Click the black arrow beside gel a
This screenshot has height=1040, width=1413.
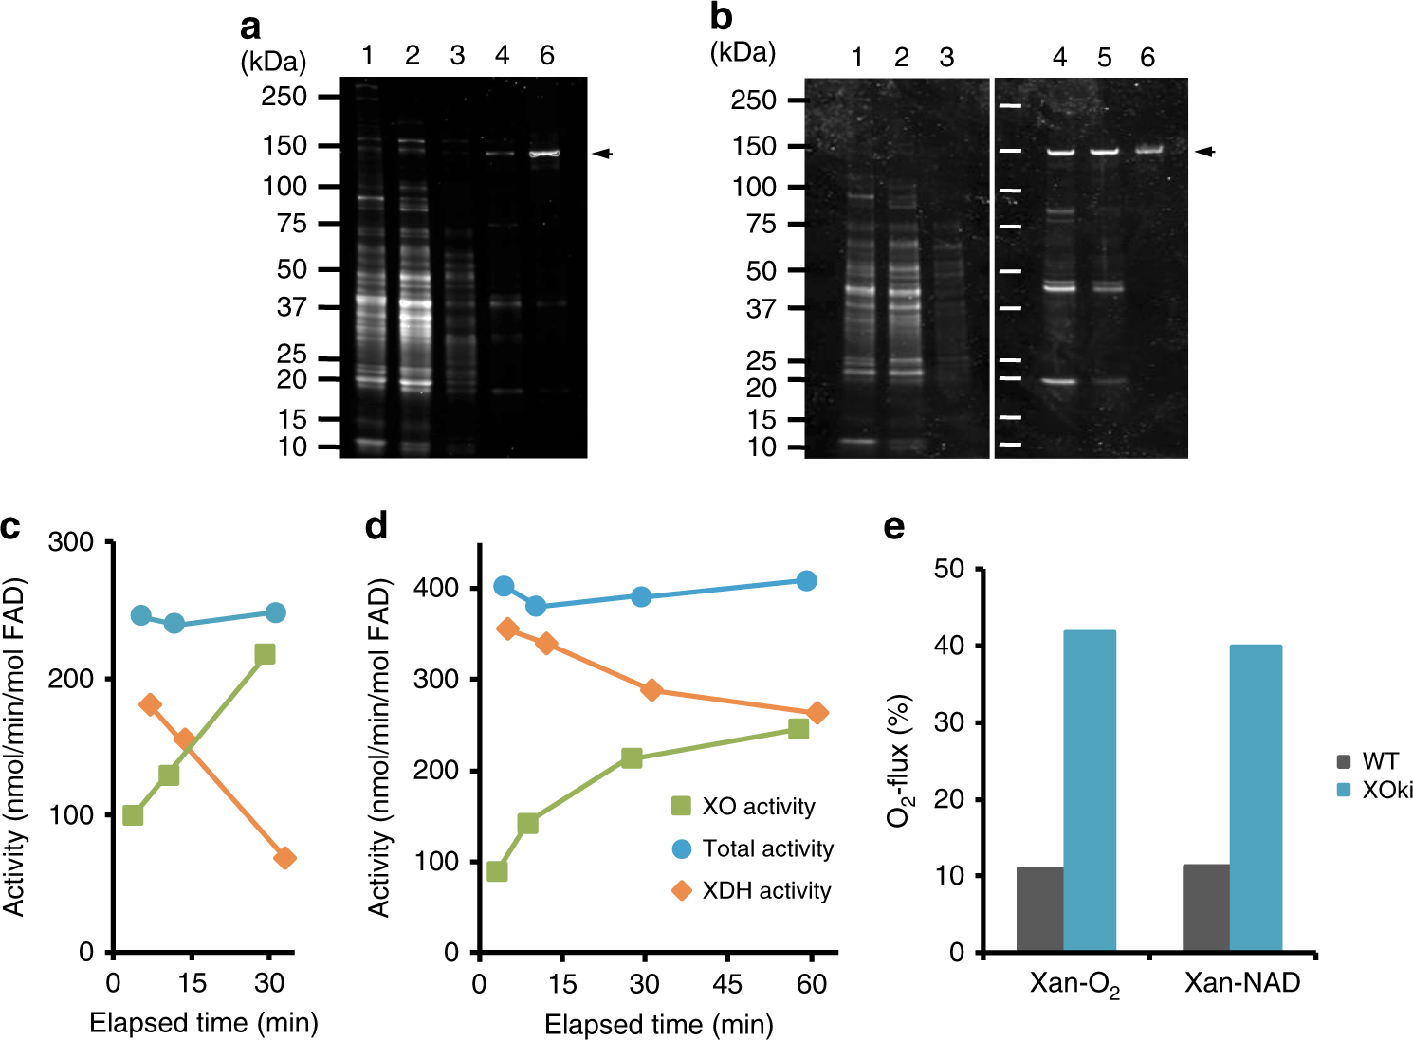tap(602, 153)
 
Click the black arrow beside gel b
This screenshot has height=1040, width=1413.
tap(1203, 151)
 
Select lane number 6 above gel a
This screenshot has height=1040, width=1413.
tap(546, 56)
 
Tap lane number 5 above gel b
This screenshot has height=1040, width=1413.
tap(1104, 58)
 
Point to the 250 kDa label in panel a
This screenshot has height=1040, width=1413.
tap(284, 97)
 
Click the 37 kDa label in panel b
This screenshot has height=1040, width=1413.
tap(761, 309)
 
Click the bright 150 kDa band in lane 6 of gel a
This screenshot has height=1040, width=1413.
tap(544, 153)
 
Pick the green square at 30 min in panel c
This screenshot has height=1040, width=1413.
tap(266, 653)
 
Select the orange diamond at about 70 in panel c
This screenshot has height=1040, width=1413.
tap(284, 858)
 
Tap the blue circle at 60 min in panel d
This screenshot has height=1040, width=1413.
tap(806, 581)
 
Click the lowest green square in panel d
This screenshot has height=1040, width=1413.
tap(497, 871)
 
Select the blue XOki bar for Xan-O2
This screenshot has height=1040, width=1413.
tap(1089, 791)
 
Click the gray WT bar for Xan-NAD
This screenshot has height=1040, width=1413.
tap(1206, 907)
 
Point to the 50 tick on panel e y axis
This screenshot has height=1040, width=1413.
tap(950, 569)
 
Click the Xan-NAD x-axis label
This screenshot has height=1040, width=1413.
tap(1242, 983)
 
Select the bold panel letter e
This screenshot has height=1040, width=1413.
tap(893, 527)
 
